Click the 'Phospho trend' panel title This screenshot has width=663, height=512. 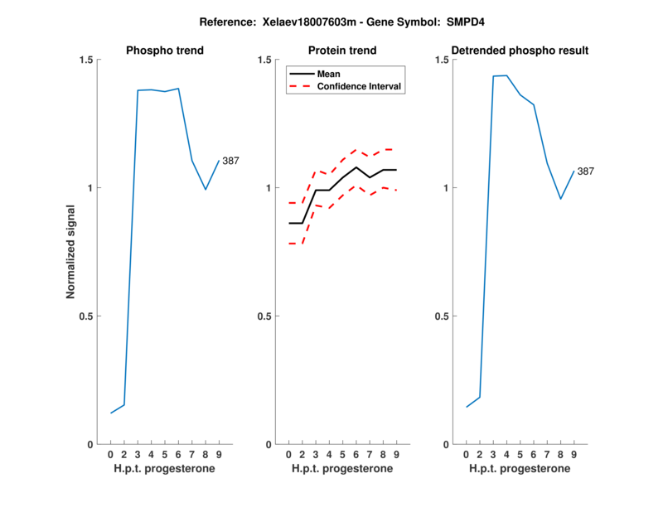click(x=164, y=51)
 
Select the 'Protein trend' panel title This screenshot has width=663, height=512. click(x=342, y=51)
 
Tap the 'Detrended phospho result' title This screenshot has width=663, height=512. click(x=520, y=51)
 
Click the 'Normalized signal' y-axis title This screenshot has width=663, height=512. click(x=72, y=252)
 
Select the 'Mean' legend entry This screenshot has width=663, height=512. click(x=329, y=74)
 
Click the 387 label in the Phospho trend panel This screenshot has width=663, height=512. click(x=230, y=161)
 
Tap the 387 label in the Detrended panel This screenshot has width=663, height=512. click(x=585, y=171)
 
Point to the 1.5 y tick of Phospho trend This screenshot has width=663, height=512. click(x=85, y=60)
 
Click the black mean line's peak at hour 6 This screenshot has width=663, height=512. click(x=356, y=167)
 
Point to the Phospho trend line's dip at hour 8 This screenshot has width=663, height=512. click(x=206, y=190)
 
